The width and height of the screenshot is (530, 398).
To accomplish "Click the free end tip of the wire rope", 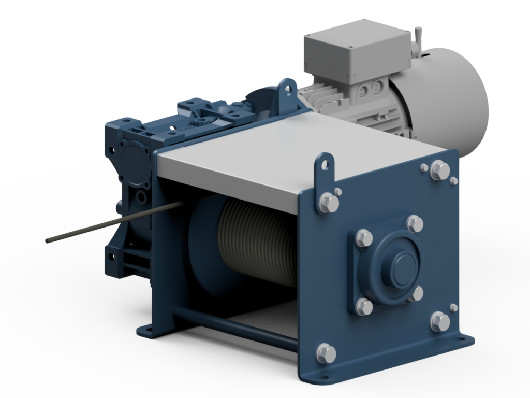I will pyautogui.click(x=48, y=240).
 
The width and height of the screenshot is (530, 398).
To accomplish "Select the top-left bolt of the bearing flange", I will pyautogui.click(x=364, y=238).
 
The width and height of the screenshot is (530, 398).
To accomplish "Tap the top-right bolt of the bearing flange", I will pyautogui.click(x=415, y=223).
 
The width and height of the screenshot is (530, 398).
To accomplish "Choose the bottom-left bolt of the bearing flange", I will pyautogui.click(x=364, y=306).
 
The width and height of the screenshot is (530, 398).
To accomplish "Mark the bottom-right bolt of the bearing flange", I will pyautogui.click(x=415, y=294).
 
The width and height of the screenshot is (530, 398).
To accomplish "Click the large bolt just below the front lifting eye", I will pyautogui.click(x=329, y=203).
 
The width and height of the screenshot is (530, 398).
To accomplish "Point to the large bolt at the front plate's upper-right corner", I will pyautogui.click(x=439, y=170).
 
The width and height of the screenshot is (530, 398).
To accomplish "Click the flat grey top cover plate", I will pyautogui.click(x=295, y=155).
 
